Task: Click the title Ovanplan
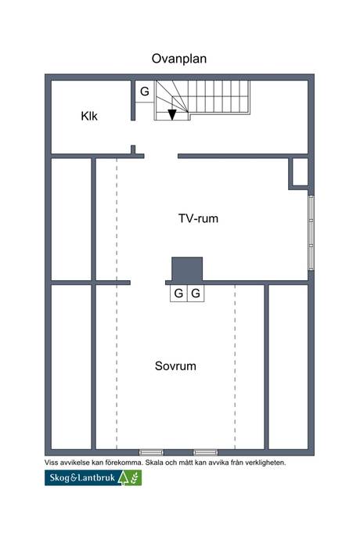tap(179, 58)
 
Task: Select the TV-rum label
tap(198, 219)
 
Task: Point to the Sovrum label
tap(175, 365)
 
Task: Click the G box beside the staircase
tap(145, 92)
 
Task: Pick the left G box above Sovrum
tap(179, 293)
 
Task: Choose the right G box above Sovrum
tap(196, 293)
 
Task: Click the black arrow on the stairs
tap(172, 115)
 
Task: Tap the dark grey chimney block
tap(188, 268)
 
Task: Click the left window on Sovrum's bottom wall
tap(151, 452)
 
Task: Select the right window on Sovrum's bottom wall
tap(206, 452)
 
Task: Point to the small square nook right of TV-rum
tap(299, 172)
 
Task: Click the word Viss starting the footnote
tap(52, 463)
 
